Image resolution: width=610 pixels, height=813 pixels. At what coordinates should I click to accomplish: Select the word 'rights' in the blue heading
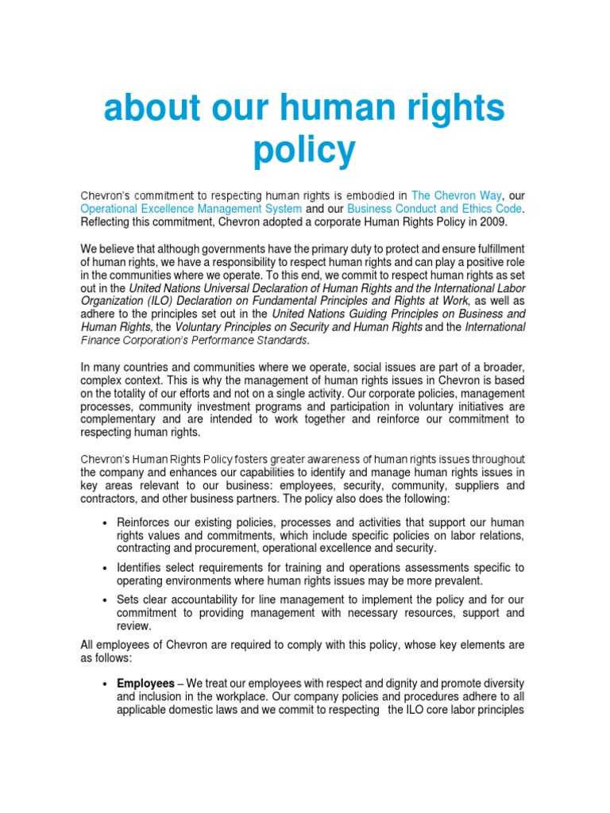point(452,109)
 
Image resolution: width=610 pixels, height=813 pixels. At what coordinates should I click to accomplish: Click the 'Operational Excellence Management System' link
point(191,208)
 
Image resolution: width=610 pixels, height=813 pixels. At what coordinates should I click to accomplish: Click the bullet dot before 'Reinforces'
point(106,522)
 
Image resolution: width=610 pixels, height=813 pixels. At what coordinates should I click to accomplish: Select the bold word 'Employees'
point(145,684)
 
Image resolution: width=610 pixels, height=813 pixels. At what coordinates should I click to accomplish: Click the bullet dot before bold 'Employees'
point(106,684)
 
